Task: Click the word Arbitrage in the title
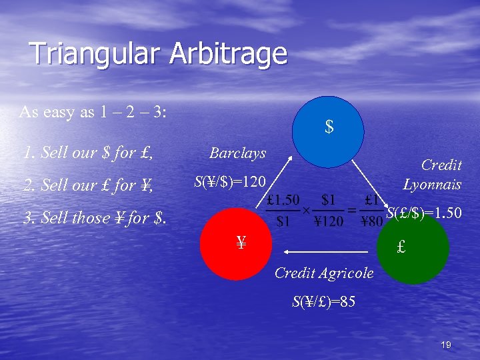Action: (228, 54)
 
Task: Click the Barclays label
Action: (238, 153)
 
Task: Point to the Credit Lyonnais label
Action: (433, 174)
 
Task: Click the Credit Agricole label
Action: (323, 273)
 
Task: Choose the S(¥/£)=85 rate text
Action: (323, 301)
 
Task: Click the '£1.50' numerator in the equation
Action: (283, 199)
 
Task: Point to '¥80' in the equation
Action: (371, 222)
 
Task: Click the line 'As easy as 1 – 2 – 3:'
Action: (93, 111)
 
